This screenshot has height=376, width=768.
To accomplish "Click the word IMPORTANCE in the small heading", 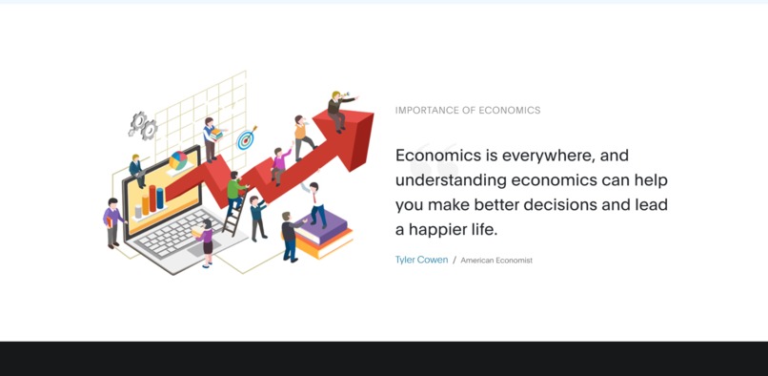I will [x=426, y=111].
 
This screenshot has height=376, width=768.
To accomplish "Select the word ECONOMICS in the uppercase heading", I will [x=510, y=111].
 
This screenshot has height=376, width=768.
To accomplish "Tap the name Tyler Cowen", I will [x=421, y=260].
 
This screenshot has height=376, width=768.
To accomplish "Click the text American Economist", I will [x=496, y=261].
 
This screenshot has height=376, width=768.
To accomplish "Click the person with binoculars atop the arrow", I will [x=338, y=109].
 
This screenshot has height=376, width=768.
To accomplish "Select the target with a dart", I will [x=247, y=138].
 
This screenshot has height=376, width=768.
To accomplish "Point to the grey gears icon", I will [x=143, y=124].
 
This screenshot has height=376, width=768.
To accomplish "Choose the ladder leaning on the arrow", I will [x=232, y=216].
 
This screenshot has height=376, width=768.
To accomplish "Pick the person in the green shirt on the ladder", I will [x=234, y=188].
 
